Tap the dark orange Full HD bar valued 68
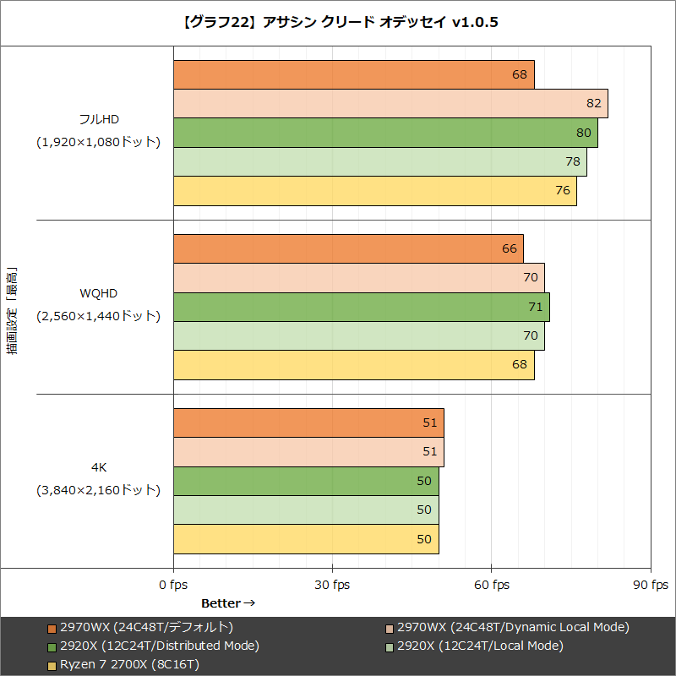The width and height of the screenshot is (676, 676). [x=353, y=74]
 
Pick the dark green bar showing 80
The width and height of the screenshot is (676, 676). [x=385, y=133]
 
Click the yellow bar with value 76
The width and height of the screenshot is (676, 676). [x=374, y=191]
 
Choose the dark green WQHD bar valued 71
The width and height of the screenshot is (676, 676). [x=361, y=307]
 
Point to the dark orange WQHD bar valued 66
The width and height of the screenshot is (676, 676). [x=348, y=249]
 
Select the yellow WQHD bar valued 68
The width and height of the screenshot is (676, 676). [x=353, y=365]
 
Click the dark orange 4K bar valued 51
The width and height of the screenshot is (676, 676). [x=308, y=423]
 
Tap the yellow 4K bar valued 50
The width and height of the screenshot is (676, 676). [x=306, y=539]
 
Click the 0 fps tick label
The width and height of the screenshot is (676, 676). [x=173, y=586]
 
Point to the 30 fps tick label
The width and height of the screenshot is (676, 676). [x=332, y=586]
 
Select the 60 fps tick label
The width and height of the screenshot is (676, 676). [x=491, y=586]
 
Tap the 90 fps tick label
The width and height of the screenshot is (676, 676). [x=650, y=586]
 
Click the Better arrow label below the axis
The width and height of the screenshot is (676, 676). [x=227, y=603]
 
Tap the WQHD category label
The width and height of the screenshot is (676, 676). [x=99, y=293]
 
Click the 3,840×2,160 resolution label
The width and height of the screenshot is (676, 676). [x=98, y=490]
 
